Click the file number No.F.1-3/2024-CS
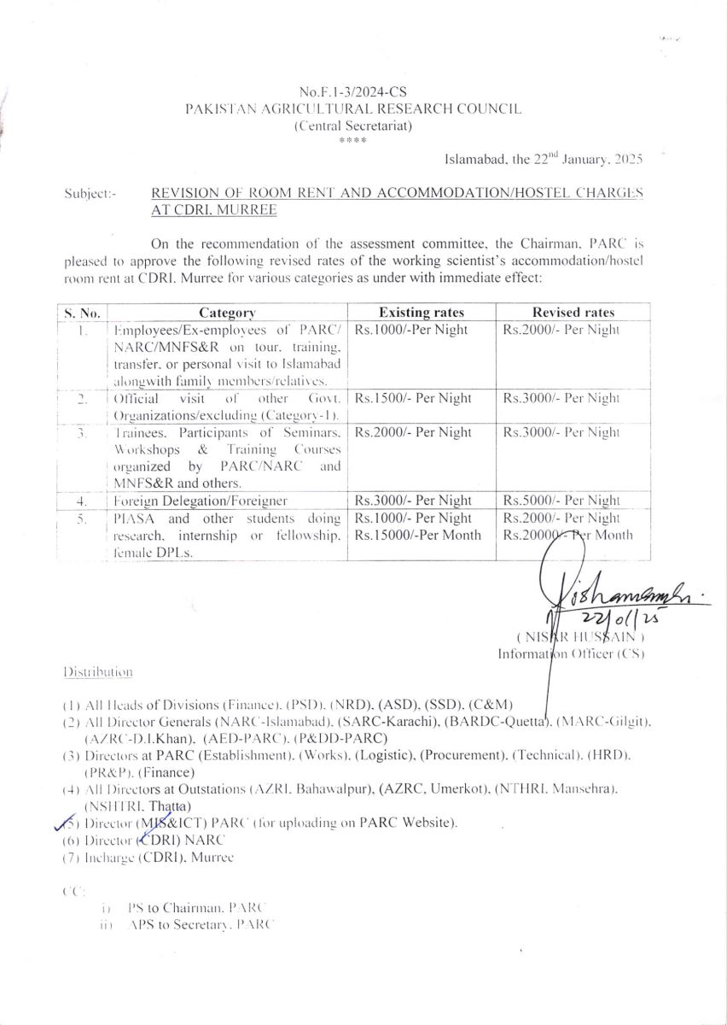coord(352,91)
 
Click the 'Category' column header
coord(227,313)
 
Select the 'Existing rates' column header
coord(422,313)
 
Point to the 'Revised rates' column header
coord(573,313)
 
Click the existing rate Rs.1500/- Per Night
coord(413,398)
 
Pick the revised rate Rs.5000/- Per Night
coord(561,501)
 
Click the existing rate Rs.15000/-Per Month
coord(418,536)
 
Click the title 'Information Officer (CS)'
coord(571,654)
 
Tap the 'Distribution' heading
coord(98,672)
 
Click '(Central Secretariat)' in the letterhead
coord(352,126)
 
